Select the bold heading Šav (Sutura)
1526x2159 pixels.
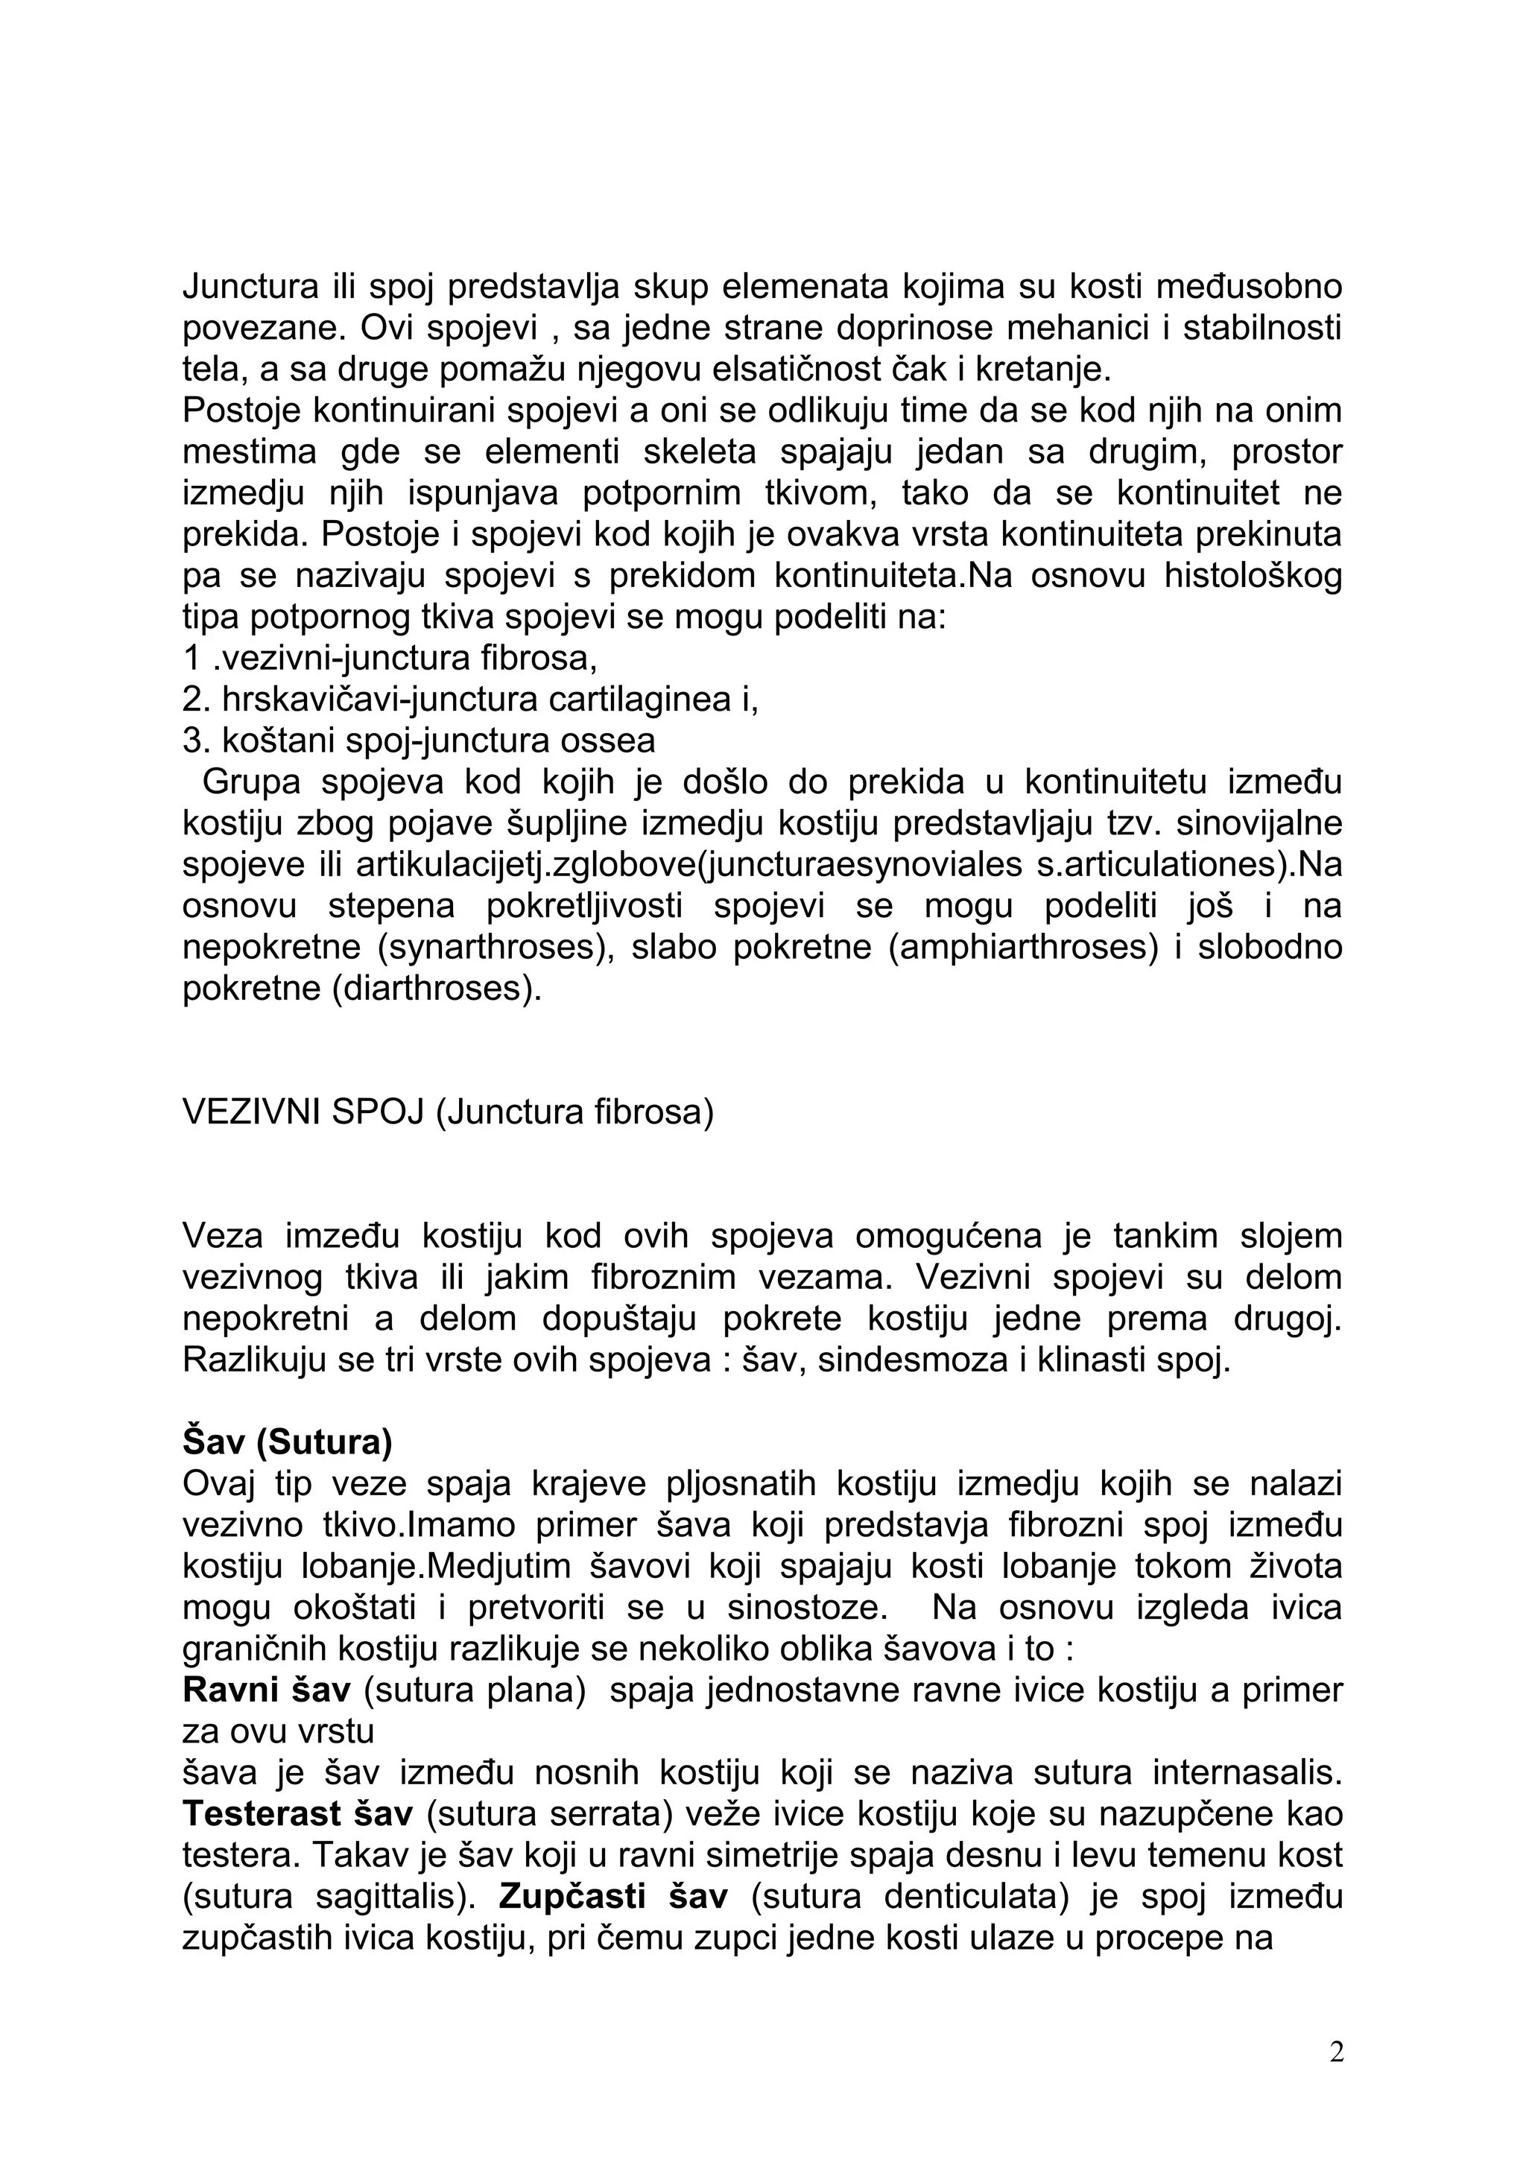tap(287, 1442)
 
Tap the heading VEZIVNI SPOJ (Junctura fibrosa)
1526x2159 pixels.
tap(448, 1112)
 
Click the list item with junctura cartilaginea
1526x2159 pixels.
tap(470, 699)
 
